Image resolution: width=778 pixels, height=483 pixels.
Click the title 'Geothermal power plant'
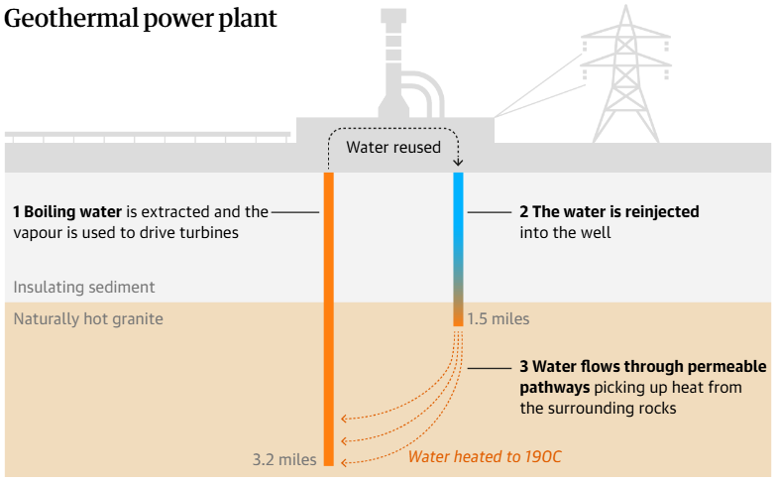(x=141, y=19)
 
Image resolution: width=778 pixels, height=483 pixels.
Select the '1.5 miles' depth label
(x=499, y=319)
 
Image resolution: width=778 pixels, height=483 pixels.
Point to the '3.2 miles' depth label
(x=284, y=459)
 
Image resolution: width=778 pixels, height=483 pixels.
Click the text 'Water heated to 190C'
(x=485, y=457)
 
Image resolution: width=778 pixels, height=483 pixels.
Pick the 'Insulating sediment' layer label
(x=84, y=287)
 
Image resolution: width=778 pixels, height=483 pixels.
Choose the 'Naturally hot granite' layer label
(x=88, y=319)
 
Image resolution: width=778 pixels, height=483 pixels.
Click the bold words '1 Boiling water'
(x=67, y=211)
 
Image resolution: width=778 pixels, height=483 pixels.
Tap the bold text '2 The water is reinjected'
(x=610, y=211)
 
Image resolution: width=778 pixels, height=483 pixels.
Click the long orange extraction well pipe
(x=329, y=317)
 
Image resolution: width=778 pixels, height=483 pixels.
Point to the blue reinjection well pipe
(x=458, y=218)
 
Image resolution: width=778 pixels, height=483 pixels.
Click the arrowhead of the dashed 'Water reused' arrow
(x=458, y=163)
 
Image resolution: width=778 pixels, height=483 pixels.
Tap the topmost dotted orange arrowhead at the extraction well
(x=343, y=420)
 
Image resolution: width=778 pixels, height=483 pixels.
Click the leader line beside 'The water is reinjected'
(x=488, y=211)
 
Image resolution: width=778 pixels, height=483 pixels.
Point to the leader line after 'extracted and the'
(x=294, y=211)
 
